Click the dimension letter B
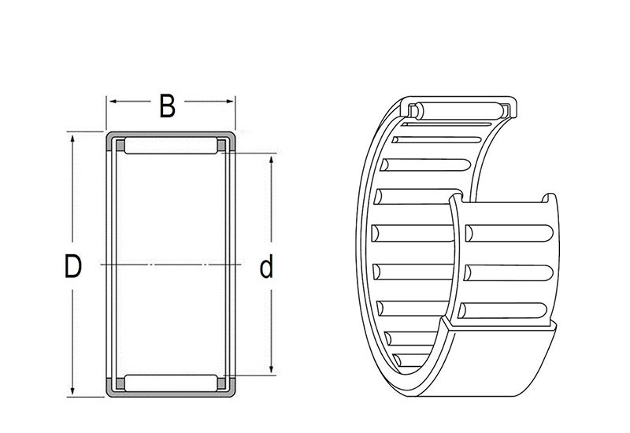point(167,106)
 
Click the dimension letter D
point(73,266)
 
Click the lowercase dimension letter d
point(266,266)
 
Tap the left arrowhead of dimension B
point(113,102)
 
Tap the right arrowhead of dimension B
point(229,102)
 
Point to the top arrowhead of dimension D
point(72,139)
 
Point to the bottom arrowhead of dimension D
point(72,390)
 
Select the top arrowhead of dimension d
point(271,160)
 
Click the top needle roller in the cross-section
point(171,146)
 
